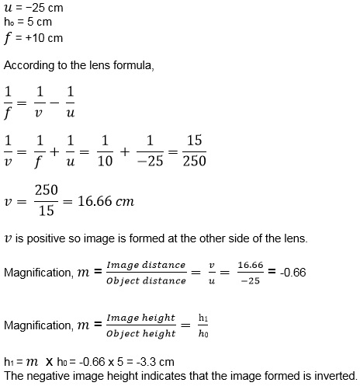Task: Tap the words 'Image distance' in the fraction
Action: tap(147, 266)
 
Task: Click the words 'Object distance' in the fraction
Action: tap(147, 280)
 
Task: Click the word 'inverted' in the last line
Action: tap(332, 376)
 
